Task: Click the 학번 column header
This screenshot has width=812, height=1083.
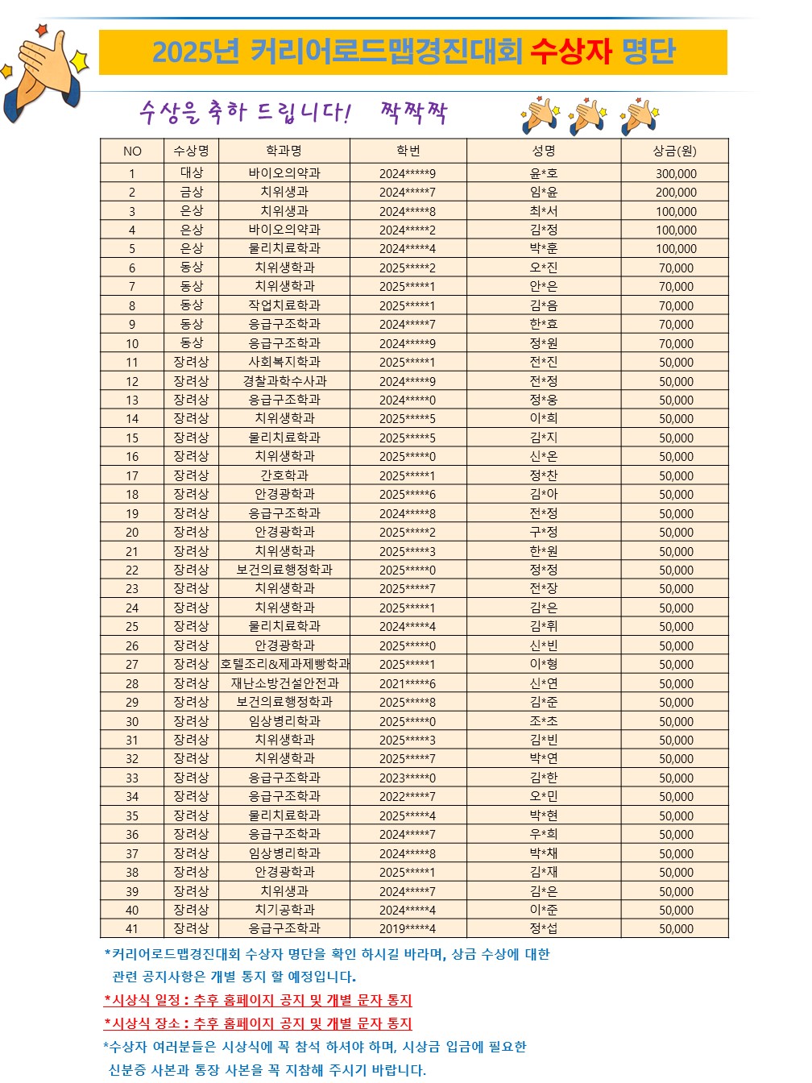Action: [x=408, y=151]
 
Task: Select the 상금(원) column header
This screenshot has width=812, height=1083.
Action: [x=675, y=151]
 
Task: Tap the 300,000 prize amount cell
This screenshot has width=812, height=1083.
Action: [x=675, y=173]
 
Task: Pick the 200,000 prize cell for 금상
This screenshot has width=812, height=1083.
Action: [x=675, y=193]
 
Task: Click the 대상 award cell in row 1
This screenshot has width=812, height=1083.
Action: [x=191, y=173]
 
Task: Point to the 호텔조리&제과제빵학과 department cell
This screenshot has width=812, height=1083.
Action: [x=284, y=664]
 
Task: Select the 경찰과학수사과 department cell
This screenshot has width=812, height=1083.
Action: [x=284, y=381]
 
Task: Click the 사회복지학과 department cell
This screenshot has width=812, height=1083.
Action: [x=284, y=363]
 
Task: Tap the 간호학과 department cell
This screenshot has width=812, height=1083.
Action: [x=284, y=475]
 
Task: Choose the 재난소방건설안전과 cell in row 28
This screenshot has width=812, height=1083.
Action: [x=284, y=683]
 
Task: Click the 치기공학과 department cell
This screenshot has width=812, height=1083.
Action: [x=284, y=910]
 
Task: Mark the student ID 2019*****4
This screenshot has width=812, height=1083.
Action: [x=408, y=928]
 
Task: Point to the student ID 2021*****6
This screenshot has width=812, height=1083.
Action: [x=408, y=683]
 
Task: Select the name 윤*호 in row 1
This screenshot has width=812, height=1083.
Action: [x=544, y=173]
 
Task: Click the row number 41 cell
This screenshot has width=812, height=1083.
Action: [x=132, y=928]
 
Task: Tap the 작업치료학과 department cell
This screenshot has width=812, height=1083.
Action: [x=284, y=305]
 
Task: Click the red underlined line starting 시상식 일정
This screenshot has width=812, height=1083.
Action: [x=258, y=1000]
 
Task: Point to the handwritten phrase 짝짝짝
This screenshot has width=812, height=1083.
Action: [x=413, y=113]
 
